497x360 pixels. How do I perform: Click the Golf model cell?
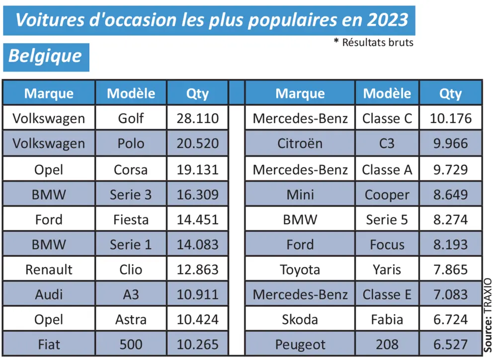pyautogui.click(x=131, y=118)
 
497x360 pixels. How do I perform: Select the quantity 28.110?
pyautogui.click(x=197, y=118)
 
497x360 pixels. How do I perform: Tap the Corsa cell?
pyautogui.click(x=131, y=169)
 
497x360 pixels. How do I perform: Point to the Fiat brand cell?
pyautogui.click(x=49, y=344)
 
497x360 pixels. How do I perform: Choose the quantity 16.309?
pyautogui.click(x=197, y=194)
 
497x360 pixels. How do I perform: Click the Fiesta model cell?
pyautogui.click(x=131, y=219)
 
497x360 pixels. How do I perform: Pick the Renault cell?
pyautogui.click(x=49, y=270)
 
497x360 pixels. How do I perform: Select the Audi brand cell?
pyautogui.click(x=49, y=294)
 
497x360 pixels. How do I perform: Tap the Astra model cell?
pyautogui.click(x=131, y=319)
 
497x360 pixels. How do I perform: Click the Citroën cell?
pyautogui.click(x=300, y=144)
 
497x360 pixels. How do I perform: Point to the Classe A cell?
pyautogui.click(x=387, y=169)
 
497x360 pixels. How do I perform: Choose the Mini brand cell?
pyautogui.click(x=300, y=194)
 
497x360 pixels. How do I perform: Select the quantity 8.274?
pyautogui.click(x=450, y=219)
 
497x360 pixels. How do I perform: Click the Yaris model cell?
pyautogui.click(x=387, y=270)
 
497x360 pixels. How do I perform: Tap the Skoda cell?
pyautogui.click(x=300, y=319)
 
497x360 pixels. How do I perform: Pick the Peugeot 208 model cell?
pyautogui.click(x=387, y=344)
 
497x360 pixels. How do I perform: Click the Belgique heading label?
pyautogui.click(x=45, y=56)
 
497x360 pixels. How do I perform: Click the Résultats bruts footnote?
pyautogui.click(x=377, y=42)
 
